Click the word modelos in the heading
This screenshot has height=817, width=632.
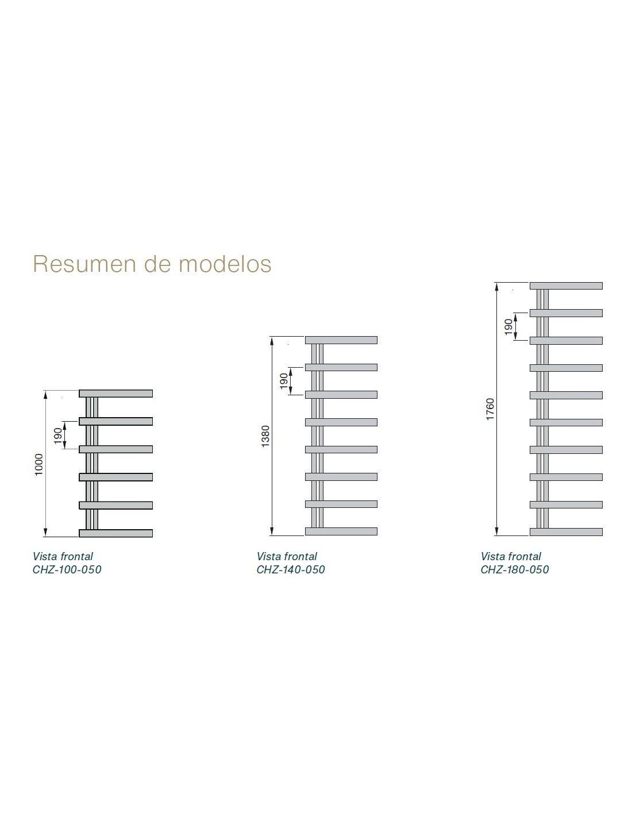pyautogui.click(x=225, y=264)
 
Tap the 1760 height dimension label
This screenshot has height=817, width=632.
pyautogui.click(x=490, y=409)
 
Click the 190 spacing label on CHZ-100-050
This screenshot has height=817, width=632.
pyautogui.click(x=58, y=435)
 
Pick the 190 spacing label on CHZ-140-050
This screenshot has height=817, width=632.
pyautogui.click(x=284, y=381)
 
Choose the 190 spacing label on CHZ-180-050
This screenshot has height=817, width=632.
pyautogui.click(x=508, y=326)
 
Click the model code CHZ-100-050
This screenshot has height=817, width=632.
pyautogui.click(x=67, y=569)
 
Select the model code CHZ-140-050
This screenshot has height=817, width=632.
pyautogui.click(x=291, y=569)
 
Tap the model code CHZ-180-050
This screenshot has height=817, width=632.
pyautogui.click(x=515, y=569)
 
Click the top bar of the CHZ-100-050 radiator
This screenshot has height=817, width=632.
pyautogui.click(x=116, y=394)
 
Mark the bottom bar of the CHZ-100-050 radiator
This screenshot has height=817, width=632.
pyautogui.click(x=116, y=533)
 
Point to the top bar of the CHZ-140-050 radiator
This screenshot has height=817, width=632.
pyautogui.click(x=341, y=340)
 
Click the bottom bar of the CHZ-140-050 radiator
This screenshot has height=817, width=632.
pyautogui.click(x=341, y=531)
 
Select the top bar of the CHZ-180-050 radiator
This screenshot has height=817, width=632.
pyautogui.click(x=567, y=286)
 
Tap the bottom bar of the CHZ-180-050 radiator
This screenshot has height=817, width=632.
pyautogui.click(x=567, y=532)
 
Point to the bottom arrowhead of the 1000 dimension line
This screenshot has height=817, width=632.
pyautogui.click(x=45, y=533)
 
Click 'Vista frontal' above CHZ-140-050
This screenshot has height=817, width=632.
pyautogui.click(x=287, y=556)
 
